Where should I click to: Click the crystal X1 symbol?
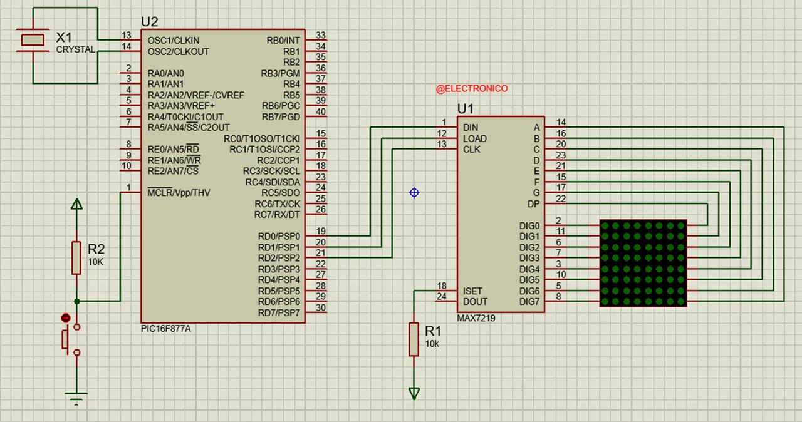(33, 40)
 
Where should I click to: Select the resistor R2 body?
(76, 257)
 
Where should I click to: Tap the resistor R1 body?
(414, 339)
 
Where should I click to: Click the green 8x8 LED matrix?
(643, 263)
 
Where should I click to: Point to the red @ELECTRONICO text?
(472, 89)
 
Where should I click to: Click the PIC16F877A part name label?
(166, 329)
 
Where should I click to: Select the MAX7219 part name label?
(476, 318)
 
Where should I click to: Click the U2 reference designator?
(150, 22)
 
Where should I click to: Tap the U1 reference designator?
(466, 109)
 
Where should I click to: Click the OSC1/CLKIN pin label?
(174, 40)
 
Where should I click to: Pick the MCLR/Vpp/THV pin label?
(179, 193)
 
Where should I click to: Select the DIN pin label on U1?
(471, 128)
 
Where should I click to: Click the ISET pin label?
(472, 291)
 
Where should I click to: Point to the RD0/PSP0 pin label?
(279, 236)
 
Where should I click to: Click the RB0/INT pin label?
(283, 40)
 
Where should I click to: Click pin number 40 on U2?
(321, 111)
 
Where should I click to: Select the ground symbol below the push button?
(76, 398)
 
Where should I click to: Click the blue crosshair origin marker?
(414, 193)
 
